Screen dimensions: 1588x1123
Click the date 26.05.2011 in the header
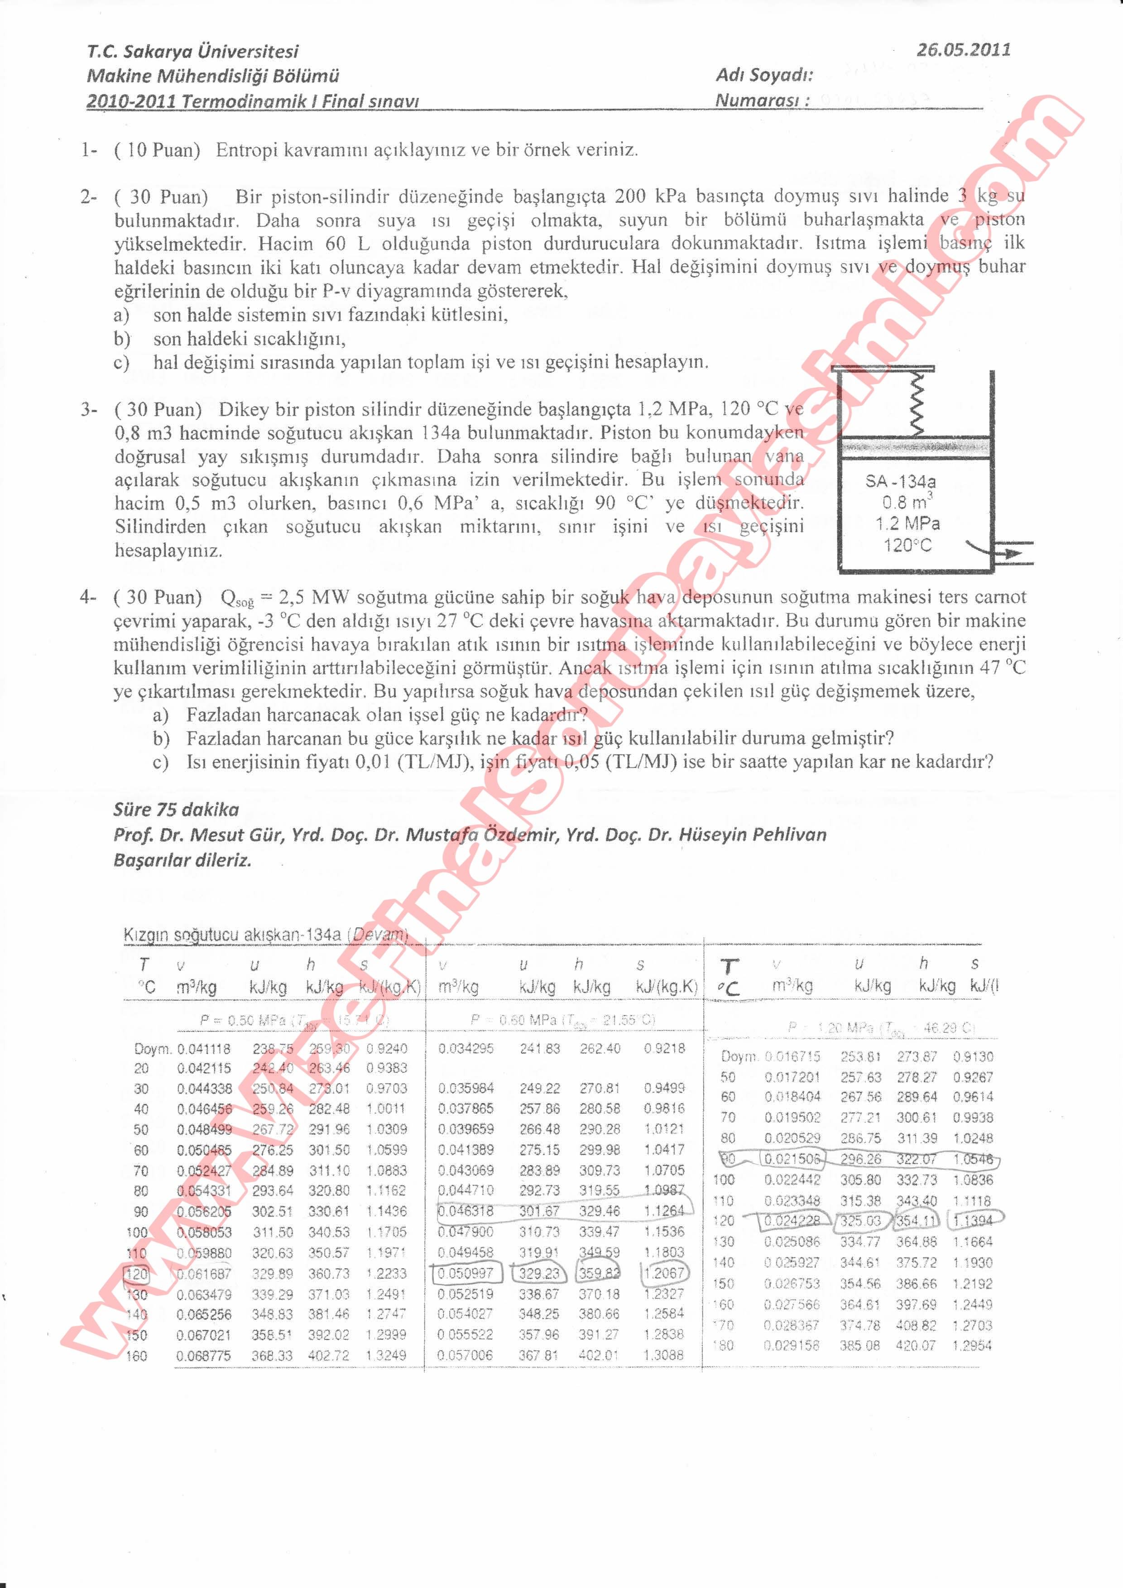pos(963,50)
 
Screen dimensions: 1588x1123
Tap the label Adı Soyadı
pos(763,75)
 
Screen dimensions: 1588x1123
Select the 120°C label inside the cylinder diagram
pos(907,546)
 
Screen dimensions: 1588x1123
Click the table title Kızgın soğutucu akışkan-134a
pos(232,935)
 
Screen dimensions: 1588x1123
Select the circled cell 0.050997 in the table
pos(466,1273)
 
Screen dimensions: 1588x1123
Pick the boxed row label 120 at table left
pos(136,1273)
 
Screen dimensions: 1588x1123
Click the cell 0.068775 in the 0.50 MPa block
pos(203,1356)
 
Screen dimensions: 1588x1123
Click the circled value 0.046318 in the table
pos(466,1211)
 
